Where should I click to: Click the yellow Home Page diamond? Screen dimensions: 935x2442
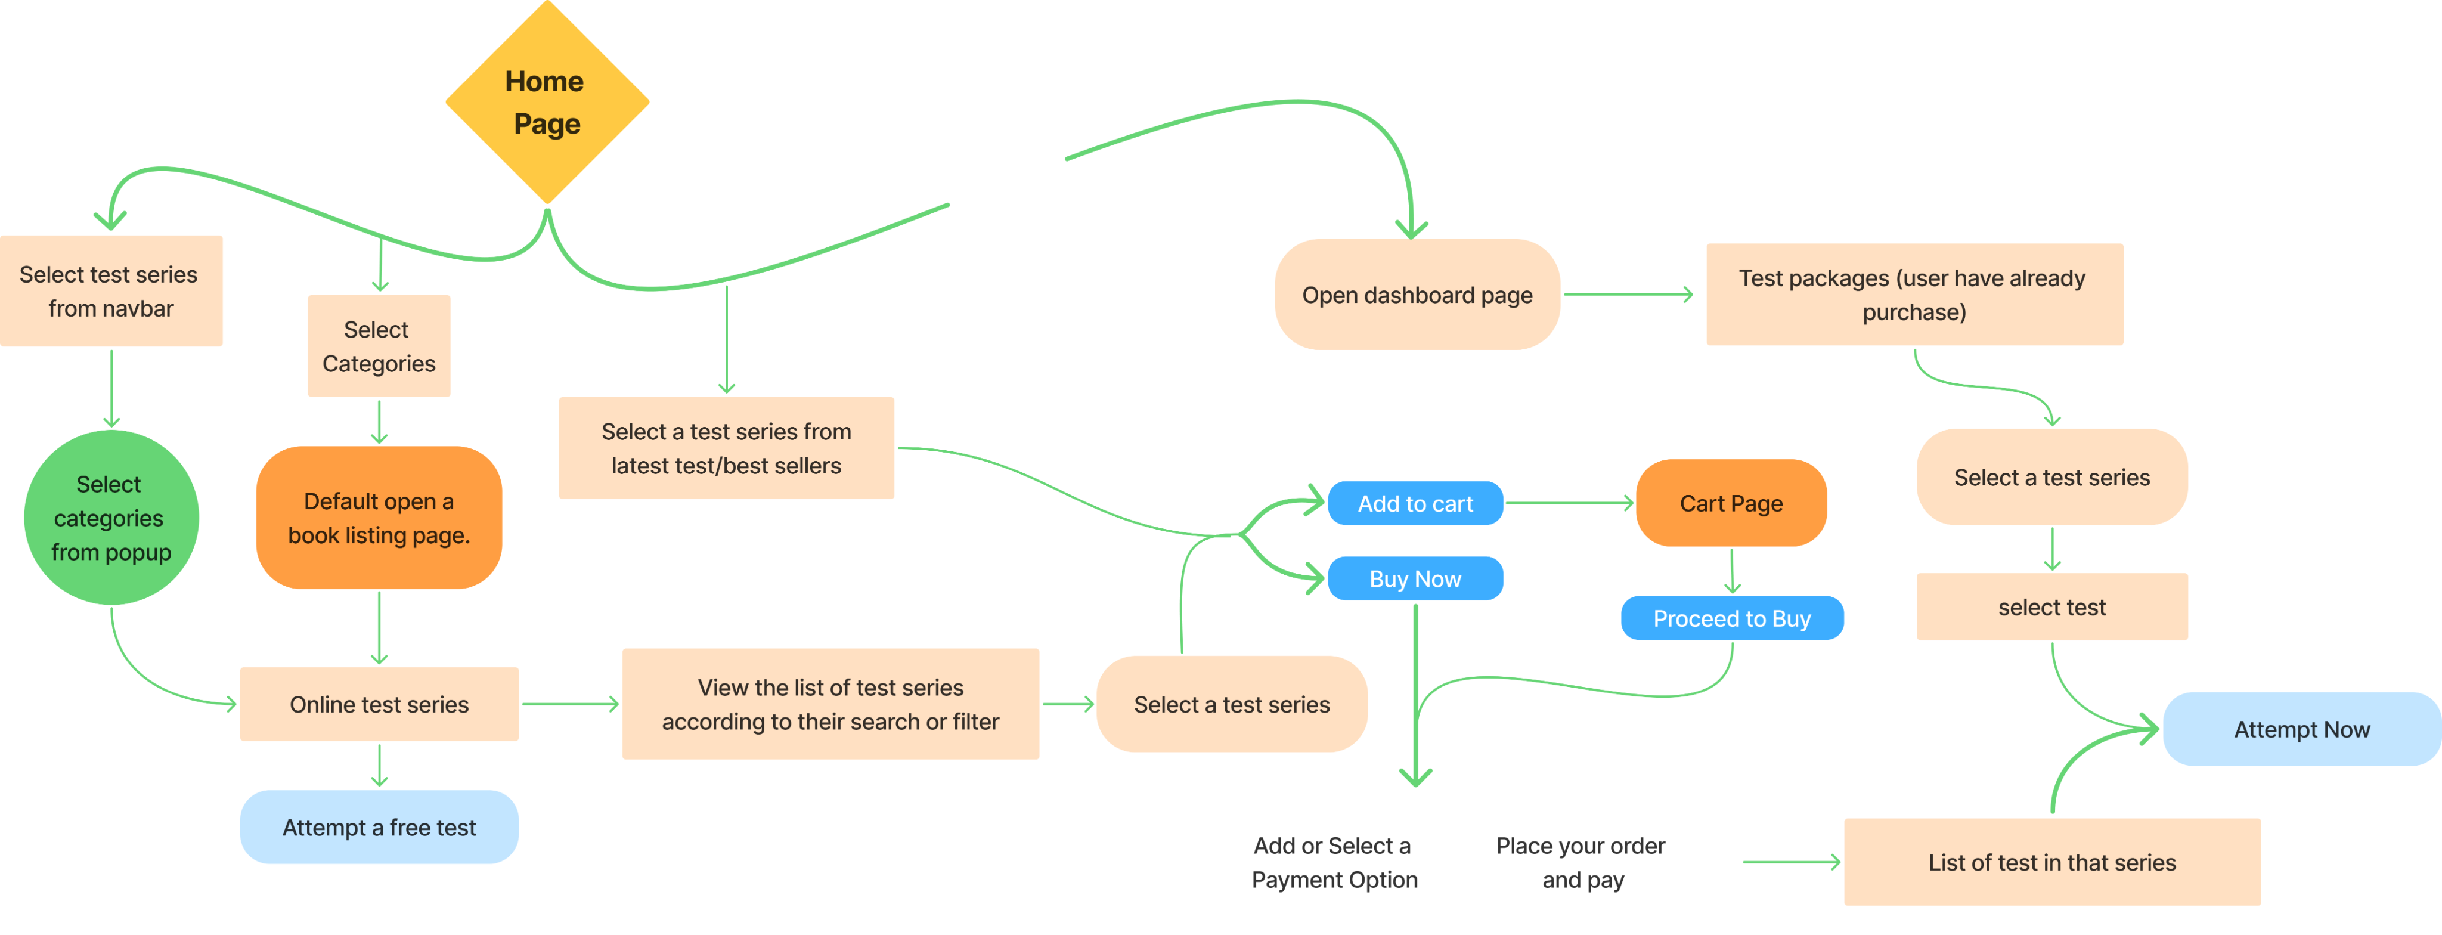[547, 103]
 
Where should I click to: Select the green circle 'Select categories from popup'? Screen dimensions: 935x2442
[111, 518]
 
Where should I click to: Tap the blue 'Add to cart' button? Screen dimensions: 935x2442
[1415, 503]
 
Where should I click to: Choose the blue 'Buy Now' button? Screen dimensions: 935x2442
[1415, 578]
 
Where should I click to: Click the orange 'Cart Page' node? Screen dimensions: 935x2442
[1731, 503]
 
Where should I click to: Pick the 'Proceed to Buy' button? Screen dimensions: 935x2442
[1732, 618]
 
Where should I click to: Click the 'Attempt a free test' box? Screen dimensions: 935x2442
[379, 827]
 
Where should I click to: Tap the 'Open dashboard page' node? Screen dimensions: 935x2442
[1417, 295]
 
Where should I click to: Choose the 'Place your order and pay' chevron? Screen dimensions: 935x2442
[1581, 862]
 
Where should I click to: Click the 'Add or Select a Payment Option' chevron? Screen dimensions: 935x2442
[1334, 862]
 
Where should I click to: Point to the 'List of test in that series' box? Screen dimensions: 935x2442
[2051, 862]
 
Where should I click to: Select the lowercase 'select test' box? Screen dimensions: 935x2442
[2051, 607]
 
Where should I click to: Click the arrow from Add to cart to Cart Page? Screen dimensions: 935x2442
[1569, 503]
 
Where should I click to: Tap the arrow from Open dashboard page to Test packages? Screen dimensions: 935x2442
[1628, 295]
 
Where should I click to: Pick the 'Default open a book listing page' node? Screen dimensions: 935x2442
[379, 518]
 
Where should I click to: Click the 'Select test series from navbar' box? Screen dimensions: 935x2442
[111, 291]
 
